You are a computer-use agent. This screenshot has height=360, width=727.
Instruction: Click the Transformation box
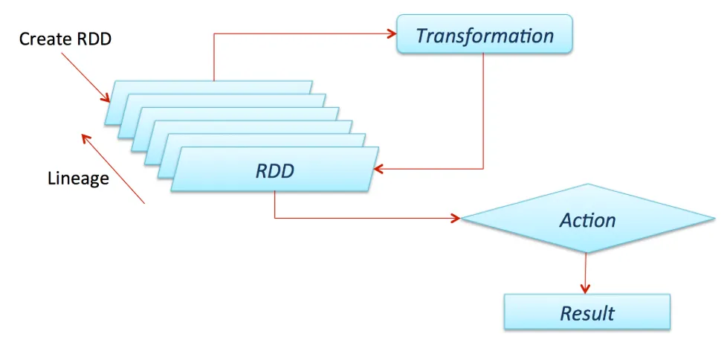(x=485, y=34)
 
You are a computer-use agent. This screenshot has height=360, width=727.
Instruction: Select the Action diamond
(x=587, y=219)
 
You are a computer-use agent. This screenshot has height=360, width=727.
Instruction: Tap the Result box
(x=587, y=312)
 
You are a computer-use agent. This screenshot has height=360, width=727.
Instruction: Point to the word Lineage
(x=78, y=179)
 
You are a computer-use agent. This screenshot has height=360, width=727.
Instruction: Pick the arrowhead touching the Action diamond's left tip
(x=455, y=219)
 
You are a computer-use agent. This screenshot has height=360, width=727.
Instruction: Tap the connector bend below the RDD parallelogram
(x=275, y=219)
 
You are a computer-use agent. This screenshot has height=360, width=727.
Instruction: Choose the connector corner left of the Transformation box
(x=214, y=33)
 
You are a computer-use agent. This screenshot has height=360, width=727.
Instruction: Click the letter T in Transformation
(x=421, y=35)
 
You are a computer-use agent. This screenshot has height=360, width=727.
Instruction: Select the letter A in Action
(x=565, y=220)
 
